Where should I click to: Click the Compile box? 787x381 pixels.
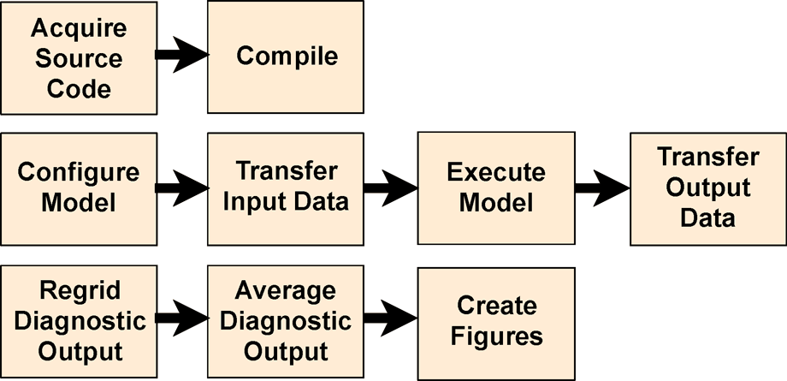point(285,57)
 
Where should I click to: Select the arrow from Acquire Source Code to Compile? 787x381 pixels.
point(181,54)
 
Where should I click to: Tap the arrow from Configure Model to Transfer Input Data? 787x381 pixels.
point(181,188)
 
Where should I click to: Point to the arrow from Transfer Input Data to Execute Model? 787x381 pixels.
point(390,188)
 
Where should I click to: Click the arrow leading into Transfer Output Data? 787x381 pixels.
point(602,188)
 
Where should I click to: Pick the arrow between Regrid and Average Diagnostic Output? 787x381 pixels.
point(181,318)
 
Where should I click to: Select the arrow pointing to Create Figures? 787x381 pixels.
point(390,318)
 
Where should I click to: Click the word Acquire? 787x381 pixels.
point(79,29)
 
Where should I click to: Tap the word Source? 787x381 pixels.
point(79,58)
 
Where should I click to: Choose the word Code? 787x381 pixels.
point(79,89)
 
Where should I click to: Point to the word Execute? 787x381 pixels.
point(496,173)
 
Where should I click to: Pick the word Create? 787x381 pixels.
point(496,306)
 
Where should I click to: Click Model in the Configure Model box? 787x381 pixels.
point(79,203)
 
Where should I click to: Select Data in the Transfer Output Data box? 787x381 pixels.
point(707,218)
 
